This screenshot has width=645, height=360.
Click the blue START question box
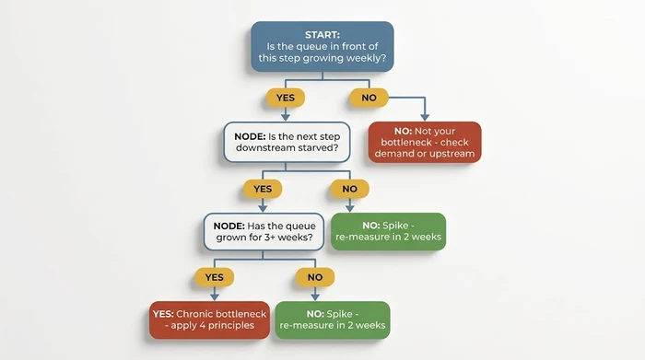point(322,46)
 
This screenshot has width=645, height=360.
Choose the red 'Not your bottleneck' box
point(425,142)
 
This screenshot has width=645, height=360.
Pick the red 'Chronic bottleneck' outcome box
point(209,319)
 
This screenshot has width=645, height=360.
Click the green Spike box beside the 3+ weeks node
point(387,231)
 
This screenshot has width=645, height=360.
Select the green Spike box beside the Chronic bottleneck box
point(332,319)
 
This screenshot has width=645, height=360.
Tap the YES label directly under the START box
point(285,97)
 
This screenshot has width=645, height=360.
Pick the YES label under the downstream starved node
point(262,189)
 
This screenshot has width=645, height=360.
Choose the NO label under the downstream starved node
point(349,189)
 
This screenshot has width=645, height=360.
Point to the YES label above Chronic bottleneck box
point(214,275)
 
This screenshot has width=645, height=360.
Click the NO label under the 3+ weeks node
point(313,275)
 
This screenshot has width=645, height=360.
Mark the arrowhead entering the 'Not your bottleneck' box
point(425,117)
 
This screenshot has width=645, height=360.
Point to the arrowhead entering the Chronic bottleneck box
point(214,296)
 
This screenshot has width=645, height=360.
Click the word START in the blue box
point(322,33)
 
